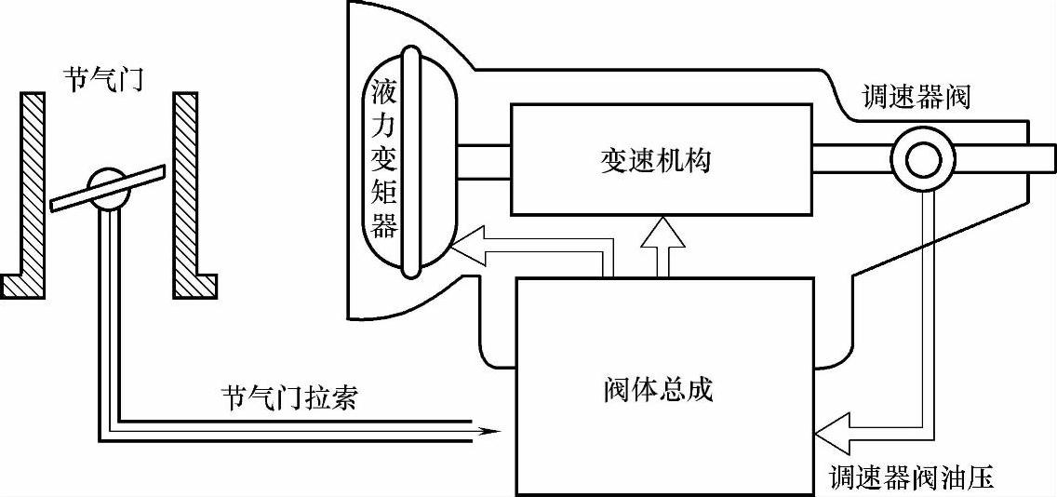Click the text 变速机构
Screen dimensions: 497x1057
657,159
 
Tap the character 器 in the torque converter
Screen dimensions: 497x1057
383,224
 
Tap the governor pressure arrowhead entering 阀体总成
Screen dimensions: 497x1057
828,431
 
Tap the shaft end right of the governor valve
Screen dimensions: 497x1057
1040,159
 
